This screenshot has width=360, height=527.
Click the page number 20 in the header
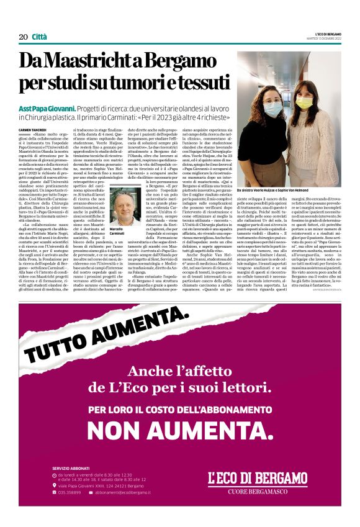click(23, 37)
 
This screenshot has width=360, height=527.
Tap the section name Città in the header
click(40, 37)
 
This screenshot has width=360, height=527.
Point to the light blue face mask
click(274, 108)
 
